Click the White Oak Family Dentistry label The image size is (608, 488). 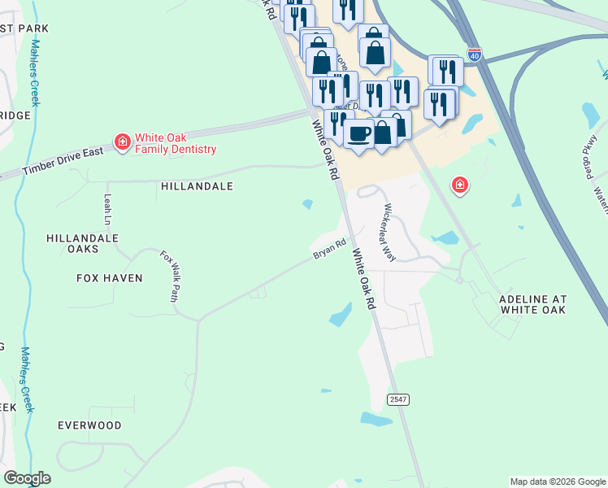[176, 143]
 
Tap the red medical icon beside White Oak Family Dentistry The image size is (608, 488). [123, 143]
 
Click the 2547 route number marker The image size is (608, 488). [397, 399]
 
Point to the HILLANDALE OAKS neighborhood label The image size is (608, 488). [83, 244]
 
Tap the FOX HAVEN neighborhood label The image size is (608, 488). [109, 278]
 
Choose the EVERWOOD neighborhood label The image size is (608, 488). [89, 425]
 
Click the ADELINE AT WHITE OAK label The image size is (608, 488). [532, 304]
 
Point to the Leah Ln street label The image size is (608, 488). [107, 209]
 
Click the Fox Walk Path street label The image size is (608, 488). [170, 277]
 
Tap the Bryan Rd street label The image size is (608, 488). [331, 249]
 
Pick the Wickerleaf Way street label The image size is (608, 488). [389, 232]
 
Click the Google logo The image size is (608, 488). [28, 478]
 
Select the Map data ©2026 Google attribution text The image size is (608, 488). [558, 481]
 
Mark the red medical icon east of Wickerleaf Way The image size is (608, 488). [460, 185]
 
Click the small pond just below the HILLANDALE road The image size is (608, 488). [308, 204]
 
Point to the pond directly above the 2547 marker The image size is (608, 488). [341, 315]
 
